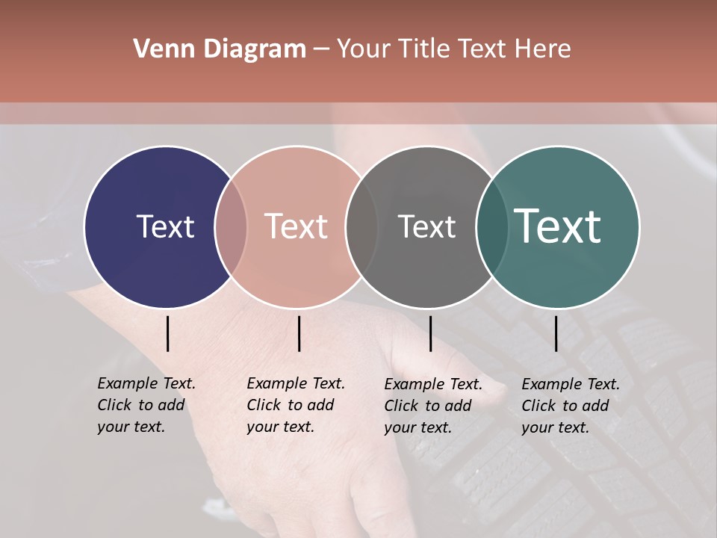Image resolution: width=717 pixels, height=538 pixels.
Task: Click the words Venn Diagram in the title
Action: point(220,49)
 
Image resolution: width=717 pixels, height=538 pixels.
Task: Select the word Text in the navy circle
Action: point(165,226)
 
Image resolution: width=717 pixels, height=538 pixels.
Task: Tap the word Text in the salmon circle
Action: point(296,226)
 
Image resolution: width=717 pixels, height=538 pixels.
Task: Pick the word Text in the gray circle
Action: point(426,226)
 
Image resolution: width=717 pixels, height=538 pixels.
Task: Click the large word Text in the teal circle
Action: point(557,226)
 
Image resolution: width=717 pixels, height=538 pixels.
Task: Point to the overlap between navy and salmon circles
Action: point(231,227)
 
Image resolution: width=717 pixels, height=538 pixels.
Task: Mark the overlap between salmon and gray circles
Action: point(361,227)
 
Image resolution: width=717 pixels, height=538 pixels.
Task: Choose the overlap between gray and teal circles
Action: point(491,227)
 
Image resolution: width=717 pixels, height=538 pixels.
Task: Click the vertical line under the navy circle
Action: point(168,333)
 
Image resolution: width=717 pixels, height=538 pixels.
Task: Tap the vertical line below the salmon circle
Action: point(299,333)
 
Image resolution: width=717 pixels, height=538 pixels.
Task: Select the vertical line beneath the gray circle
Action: point(430,333)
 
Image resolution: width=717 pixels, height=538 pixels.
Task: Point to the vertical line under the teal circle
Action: point(556,333)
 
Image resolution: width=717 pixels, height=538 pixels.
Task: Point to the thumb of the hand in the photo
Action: point(456,374)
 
